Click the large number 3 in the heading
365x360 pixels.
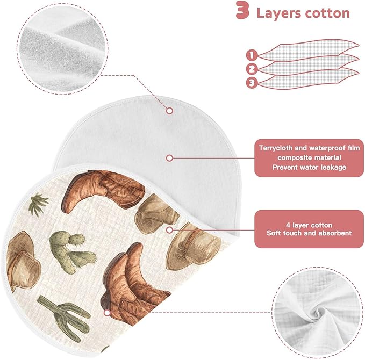[x=242, y=10]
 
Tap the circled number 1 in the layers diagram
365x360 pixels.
[x=252, y=55]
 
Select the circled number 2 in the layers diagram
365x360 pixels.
[x=252, y=69]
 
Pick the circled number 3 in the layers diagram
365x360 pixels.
[x=252, y=83]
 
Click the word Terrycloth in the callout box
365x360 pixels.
[x=275, y=148]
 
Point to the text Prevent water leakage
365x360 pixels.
[x=310, y=167]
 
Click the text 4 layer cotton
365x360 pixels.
[x=309, y=225]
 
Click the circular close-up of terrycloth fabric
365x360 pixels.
[x=62, y=49]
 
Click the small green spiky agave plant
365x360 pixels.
[x=38, y=204]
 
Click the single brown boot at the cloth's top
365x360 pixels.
[x=103, y=191]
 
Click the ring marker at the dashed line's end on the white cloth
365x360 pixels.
[x=170, y=111]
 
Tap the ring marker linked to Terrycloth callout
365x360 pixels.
[x=170, y=159]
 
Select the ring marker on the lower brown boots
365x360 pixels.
[x=107, y=313]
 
